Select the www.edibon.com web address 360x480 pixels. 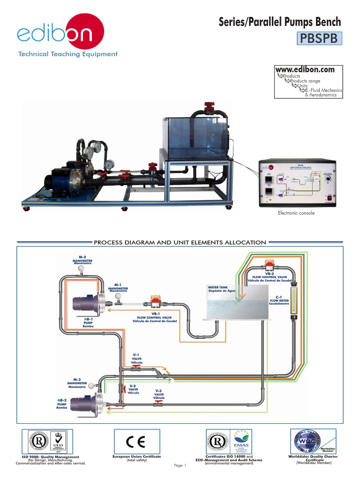[308, 70]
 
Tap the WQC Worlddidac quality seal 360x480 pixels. [307, 441]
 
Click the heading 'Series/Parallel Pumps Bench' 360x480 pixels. [280, 22]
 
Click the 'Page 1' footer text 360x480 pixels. [180, 465]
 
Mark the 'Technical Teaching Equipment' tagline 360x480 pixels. [67, 54]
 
